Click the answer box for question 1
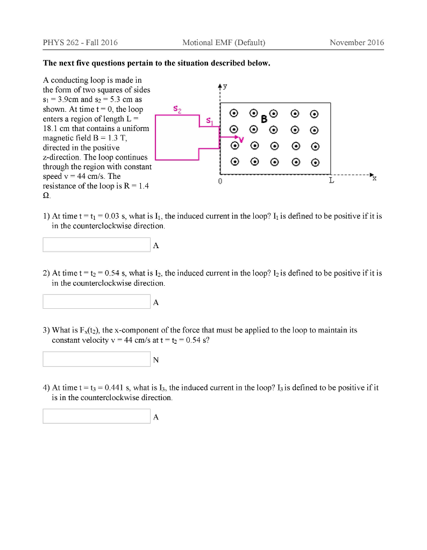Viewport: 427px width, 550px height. [96, 245]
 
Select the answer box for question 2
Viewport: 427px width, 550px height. [96, 302]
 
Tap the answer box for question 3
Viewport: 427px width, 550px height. [96, 359]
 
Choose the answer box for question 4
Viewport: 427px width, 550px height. [96, 416]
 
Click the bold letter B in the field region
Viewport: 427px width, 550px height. [264, 119]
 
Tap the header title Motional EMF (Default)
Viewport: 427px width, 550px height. [224, 42]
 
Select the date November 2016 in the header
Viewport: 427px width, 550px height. [357, 42]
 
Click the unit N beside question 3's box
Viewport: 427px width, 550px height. [156, 360]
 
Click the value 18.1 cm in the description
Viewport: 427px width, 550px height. [55, 128]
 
